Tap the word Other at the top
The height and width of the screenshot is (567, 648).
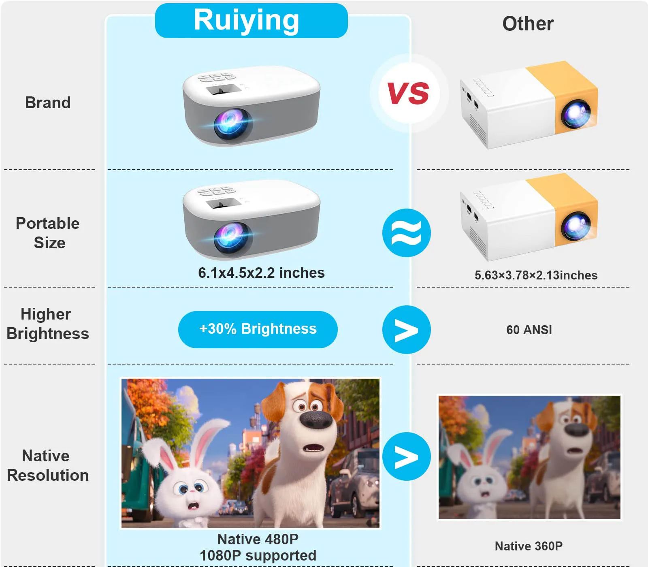click(x=528, y=23)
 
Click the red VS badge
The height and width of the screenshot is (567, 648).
click(x=408, y=93)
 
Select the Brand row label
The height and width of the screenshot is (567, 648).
click(x=48, y=103)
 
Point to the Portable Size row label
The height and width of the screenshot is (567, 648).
click(x=48, y=233)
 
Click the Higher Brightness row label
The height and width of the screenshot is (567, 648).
click(x=48, y=324)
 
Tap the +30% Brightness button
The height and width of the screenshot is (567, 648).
click(x=258, y=329)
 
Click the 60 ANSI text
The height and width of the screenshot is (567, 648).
click(x=529, y=330)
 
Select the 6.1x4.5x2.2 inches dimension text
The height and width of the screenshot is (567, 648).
click(x=261, y=273)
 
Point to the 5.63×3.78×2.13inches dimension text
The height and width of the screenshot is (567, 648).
click(x=536, y=275)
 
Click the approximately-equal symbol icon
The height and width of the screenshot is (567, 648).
click(x=406, y=233)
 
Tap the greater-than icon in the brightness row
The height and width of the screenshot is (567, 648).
click(x=406, y=330)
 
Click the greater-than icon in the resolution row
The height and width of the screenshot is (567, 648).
click(x=406, y=456)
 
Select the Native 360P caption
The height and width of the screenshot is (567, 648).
click(x=529, y=546)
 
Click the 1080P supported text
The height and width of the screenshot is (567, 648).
click(x=258, y=556)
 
